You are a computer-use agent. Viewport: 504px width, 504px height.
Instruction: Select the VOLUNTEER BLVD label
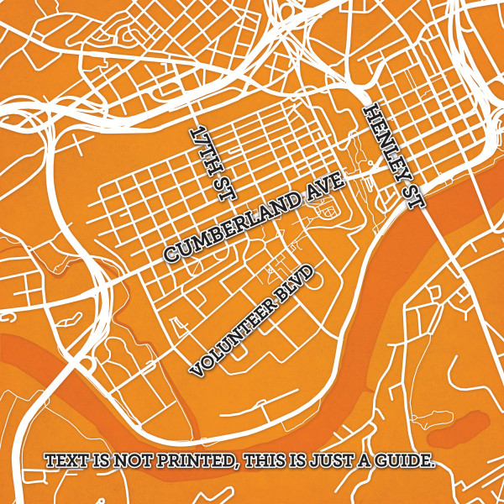[x=253, y=319]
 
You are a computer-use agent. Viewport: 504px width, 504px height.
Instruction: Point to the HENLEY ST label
[x=396, y=157]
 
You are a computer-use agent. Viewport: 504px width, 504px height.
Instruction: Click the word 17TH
[x=205, y=148]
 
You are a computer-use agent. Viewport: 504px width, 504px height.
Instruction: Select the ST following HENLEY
[x=415, y=192]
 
